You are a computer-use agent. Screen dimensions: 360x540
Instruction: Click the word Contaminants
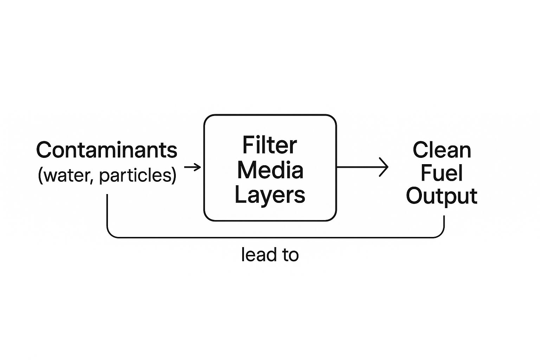107,150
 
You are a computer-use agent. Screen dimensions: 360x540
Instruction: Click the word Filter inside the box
270,145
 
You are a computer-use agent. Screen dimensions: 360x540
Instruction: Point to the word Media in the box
270,170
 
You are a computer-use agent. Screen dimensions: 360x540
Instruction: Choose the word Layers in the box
270,195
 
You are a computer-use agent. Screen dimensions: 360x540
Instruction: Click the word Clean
442,150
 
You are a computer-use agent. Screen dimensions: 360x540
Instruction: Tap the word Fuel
442,173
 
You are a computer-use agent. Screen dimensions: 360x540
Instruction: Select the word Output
442,196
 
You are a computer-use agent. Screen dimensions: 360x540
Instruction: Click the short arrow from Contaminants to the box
192,167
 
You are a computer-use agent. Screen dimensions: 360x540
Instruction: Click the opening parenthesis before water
40,175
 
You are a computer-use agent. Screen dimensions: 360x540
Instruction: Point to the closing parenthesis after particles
174,175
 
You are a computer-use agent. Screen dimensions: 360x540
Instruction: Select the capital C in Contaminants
44,150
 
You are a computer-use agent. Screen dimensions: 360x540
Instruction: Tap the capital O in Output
415,196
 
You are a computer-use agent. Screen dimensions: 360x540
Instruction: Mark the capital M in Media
247,170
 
